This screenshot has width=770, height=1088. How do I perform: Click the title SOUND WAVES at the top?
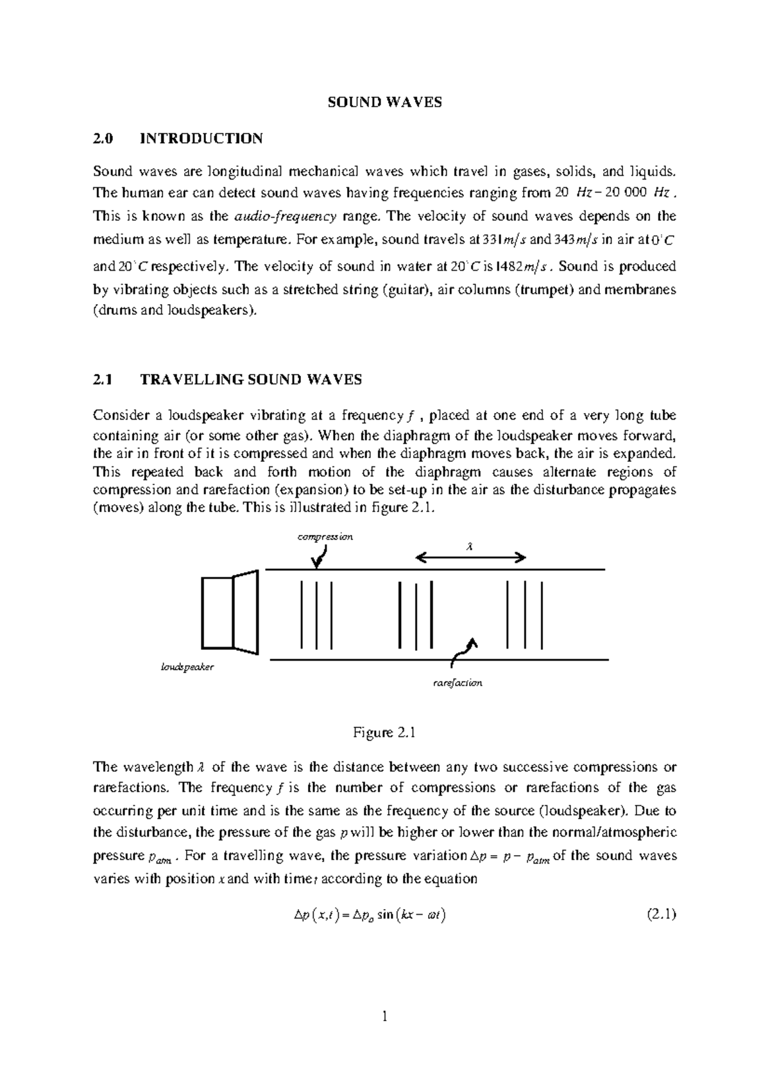(x=385, y=102)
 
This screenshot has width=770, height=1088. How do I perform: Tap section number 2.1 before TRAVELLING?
(x=103, y=380)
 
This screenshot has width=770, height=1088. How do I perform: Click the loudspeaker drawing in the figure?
(x=230, y=612)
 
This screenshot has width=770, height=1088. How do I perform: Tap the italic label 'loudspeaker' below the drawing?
(x=187, y=667)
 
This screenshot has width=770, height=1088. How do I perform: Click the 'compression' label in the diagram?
(x=325, y=537)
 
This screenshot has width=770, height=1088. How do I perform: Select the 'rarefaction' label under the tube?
(x=458, y=683)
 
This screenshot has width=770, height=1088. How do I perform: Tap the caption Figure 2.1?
(x=385, y=733)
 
